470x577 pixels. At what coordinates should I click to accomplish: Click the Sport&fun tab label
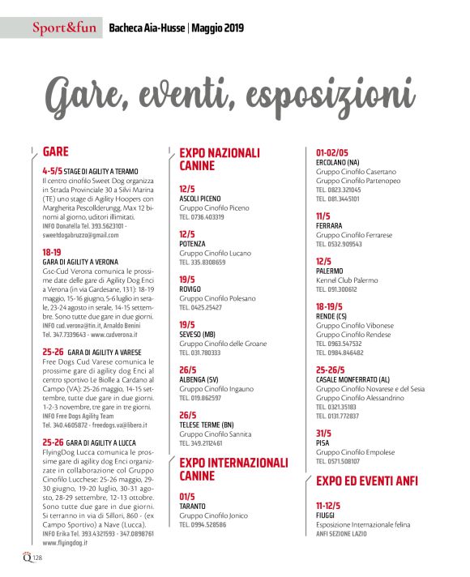coord(64,30)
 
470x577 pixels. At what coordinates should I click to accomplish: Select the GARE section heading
coord(56,152)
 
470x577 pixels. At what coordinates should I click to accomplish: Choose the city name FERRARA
coord(329,225)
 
